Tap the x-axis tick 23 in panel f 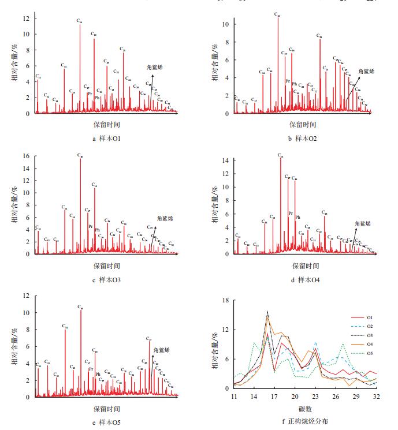pyautogui.click(x=315, y=397)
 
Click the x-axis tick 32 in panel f pyautogui.click(x=377, y=397)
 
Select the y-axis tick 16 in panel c pyautogui.click(x=25, y=156)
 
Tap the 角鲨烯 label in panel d pyautogui.click(x=362, y=223)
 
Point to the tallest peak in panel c pyautogui.click(x=80, y=159)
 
